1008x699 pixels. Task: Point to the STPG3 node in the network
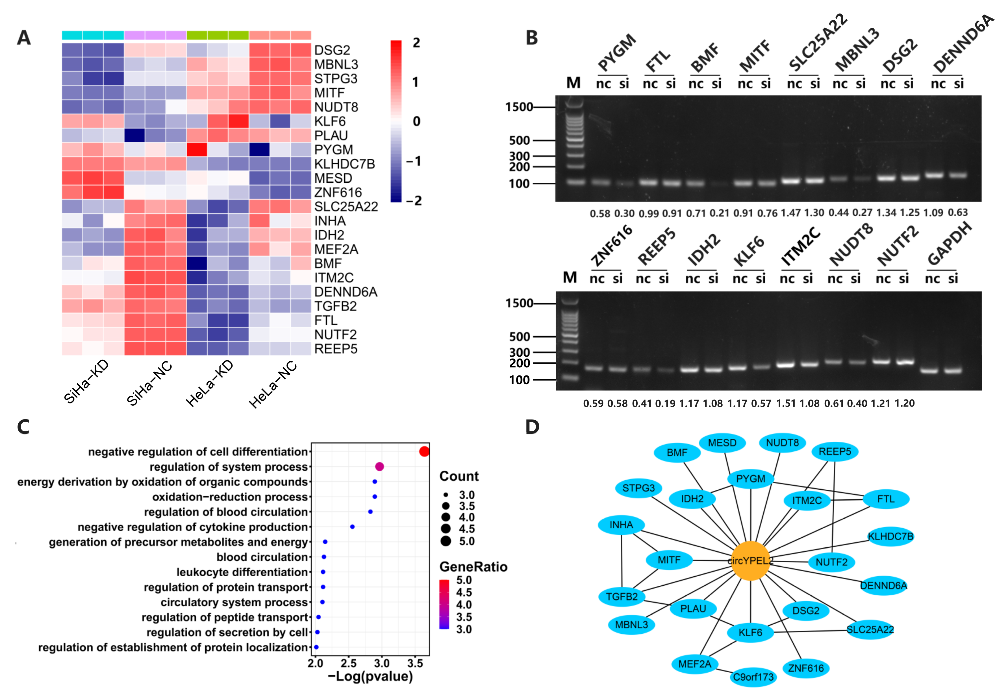point(638,488)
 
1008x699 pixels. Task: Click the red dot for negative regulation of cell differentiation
point(424,451)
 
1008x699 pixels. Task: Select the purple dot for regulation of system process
point(379,466)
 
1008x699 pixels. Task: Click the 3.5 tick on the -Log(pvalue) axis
point(415,663)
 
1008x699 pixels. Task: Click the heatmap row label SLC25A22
point(346,207)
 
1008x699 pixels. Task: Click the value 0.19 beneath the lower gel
point(665,403)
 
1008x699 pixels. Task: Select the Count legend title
point(459,476)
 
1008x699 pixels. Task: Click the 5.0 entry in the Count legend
point(466,541)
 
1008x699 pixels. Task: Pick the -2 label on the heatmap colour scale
point(414,201)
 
